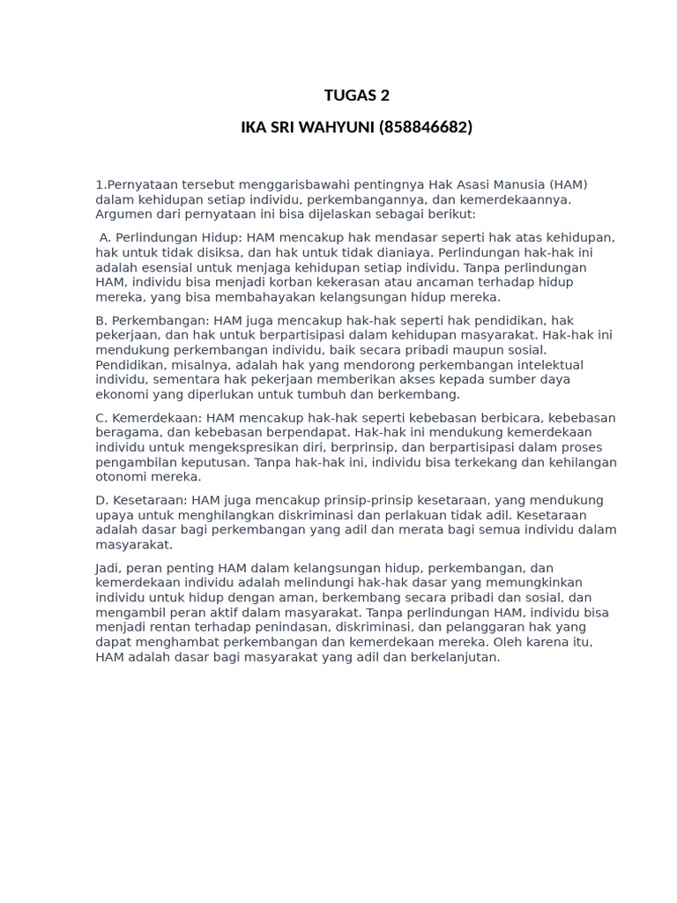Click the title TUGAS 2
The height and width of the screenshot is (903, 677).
(356, 95)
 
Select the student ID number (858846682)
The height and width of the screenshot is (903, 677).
(426, 127)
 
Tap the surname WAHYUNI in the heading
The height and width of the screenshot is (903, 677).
(338, 127)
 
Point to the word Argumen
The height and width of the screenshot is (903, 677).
(123, 214)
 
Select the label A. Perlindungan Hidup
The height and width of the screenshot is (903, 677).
(171, 238)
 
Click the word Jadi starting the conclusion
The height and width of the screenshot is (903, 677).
(108, 568)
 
